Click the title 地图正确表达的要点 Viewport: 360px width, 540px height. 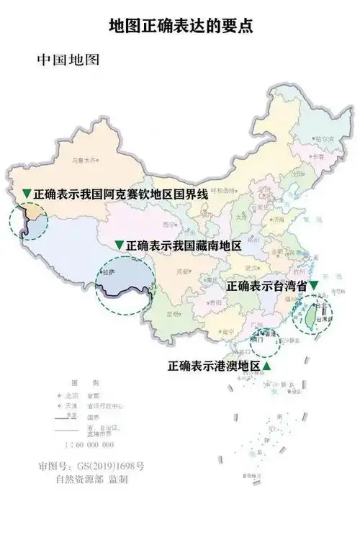pos(180,27)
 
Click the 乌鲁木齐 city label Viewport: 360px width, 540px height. pos(82,161)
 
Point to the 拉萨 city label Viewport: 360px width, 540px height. pos(109,274)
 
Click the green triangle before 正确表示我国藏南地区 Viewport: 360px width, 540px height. pos(120,246)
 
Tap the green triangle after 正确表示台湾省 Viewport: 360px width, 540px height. pos(314,285)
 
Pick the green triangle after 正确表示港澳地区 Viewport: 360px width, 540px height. pos(267,366)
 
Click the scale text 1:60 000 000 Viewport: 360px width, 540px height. pos(86,445)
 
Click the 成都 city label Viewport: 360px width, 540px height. pos(182,271)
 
